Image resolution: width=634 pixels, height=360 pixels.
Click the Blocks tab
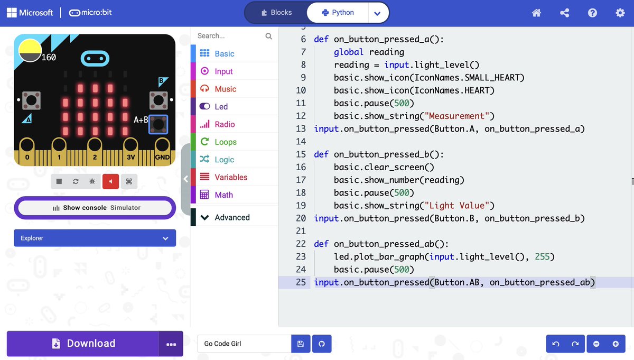click(x=276, y=13)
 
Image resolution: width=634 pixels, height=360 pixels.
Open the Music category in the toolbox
click(x=225, y=89)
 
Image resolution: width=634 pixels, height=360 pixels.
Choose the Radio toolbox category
click(x=225, y=124)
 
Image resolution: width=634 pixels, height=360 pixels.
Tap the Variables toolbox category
click(x=230, y=177)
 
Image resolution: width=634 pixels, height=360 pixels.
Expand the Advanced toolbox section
click(x=231, y=217)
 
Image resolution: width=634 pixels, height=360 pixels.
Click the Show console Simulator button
click(x=95, y=208)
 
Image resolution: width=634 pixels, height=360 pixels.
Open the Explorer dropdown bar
click(x=95, y=238)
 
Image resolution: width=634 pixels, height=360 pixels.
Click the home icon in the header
click(x=536, y=13)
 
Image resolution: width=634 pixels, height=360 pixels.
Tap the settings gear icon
click(x=620, y=13)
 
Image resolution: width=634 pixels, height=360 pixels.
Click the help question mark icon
click(x=592, y=13)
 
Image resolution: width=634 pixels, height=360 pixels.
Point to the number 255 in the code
click(x=542, y=256)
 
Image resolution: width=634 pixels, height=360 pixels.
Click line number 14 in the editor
click(x=301, y=141)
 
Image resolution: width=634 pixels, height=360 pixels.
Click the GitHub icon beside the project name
click(x=321, y=344)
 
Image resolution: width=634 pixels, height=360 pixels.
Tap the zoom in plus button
click(x=616, y=344)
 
